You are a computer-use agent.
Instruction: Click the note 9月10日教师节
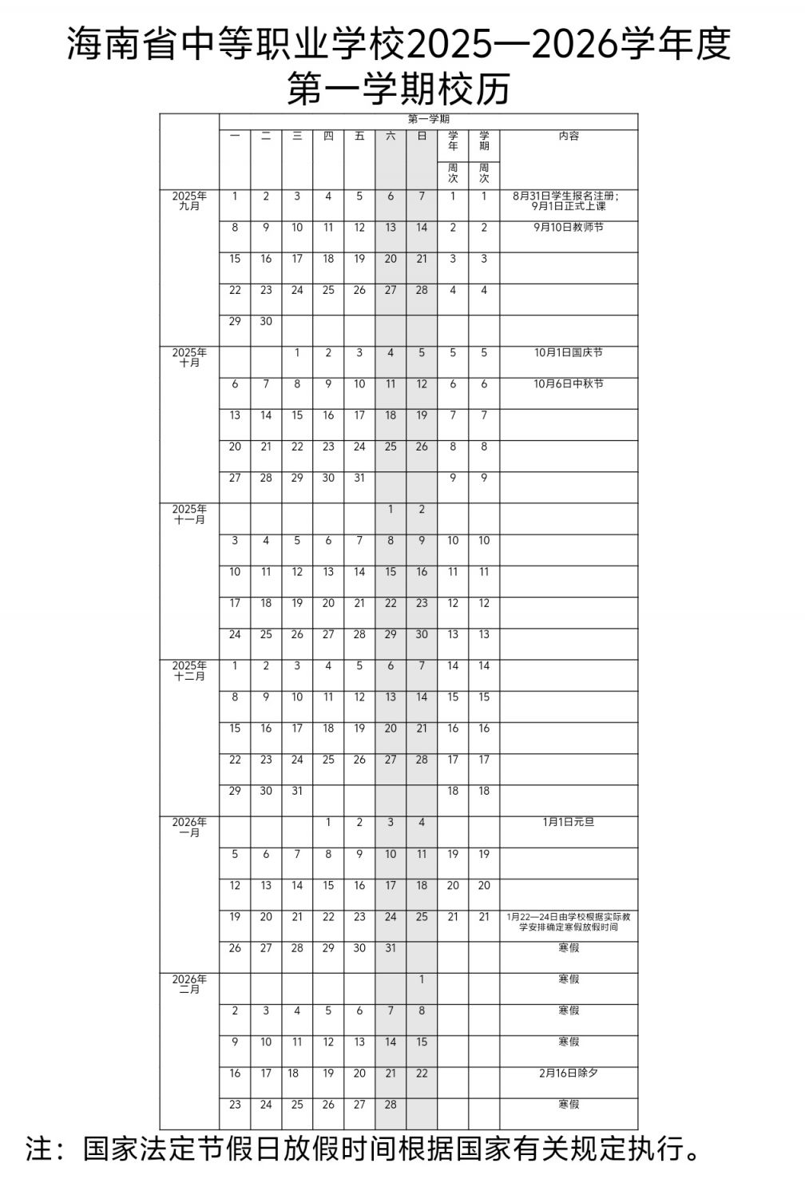click(x=569, y=228)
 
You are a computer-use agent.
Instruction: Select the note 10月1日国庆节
click(x=569, y=353)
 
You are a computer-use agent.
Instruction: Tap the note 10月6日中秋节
click(x=569, y=384)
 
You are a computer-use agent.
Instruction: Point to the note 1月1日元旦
click(x=569, y=822)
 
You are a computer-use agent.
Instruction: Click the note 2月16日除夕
click(x=569, y=1073)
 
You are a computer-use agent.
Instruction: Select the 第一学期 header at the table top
click(x=429, y=120)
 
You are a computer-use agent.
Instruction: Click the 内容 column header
click(x=569, y=137)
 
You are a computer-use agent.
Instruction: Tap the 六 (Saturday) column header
click(x=391, y=137)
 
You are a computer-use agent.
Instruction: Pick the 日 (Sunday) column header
click(x=422, y=137)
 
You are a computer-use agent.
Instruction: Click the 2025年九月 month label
click(x=189, y=201)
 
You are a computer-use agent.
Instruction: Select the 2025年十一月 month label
click(x=189, y=514)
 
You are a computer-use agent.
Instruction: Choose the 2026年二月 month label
click(x=189, y=984)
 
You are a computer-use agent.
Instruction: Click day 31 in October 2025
click(x=359, y=478)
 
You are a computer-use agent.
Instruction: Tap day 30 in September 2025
click(x=266, y=321)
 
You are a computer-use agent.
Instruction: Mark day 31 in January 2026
click(x=391, y=948)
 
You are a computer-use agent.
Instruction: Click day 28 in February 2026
click(x=391, y=1105)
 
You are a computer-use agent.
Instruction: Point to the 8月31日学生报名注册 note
click(x=569, y=196)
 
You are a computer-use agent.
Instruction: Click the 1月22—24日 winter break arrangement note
click(x=569, y=922)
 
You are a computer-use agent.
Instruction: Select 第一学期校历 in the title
click(x=398, y=89)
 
